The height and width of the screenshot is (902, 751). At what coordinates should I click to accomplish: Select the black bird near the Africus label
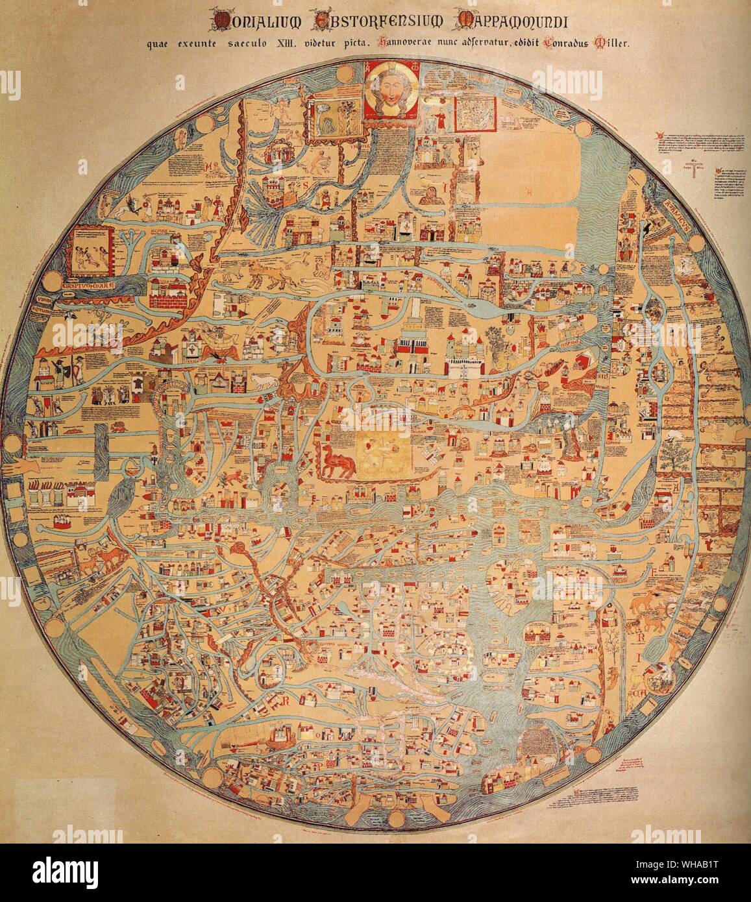647,226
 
